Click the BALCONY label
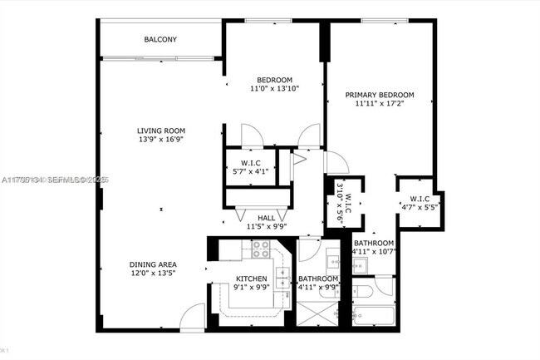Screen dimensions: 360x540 click(160, 39)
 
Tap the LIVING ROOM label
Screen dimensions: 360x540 click(161, 131)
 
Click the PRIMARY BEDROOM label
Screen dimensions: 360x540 click(380, 96)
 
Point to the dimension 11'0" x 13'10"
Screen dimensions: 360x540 click(274, 88)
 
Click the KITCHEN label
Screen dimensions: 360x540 click(251, 279)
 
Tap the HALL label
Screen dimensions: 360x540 click(266, 218)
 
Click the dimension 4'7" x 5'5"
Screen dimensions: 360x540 click(419, 207)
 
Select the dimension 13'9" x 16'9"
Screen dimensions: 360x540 click(161, 140)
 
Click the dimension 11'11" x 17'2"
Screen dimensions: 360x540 click(380, 105)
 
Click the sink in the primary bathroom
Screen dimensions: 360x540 click(363, 265)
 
